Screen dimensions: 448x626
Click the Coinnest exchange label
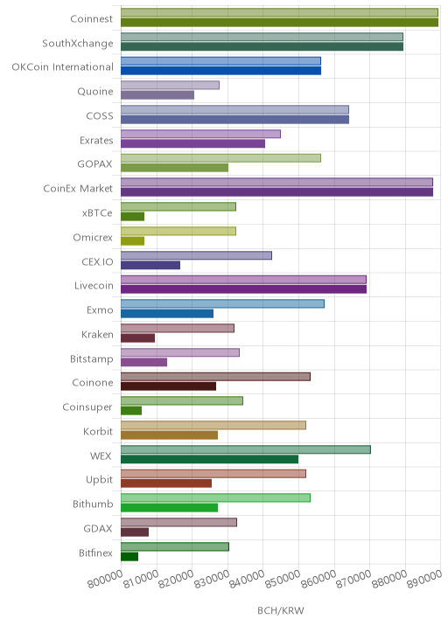coord(92,18)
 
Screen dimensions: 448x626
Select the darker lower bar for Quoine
coord(157,95)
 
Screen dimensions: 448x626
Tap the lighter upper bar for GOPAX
coord(220,158)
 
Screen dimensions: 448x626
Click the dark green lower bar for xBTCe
coord(133,216)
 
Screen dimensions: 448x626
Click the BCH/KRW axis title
coord(281,610)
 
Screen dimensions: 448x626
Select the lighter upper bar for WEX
coord(246,449)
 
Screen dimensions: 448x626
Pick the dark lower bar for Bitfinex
coord(129,557)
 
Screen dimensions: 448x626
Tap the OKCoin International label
coord(63,67)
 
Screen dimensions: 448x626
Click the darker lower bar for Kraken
coord(138,338)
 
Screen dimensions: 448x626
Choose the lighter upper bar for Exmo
coord(222,303)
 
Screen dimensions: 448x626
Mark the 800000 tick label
coord(105,580)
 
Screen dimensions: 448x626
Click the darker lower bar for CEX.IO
coord(150,265)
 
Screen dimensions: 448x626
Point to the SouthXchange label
coord(78,43)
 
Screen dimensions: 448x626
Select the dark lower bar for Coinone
coord(169,386)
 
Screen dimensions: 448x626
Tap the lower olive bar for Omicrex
coord(133,240)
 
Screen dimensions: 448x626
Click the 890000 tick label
coord(425,580)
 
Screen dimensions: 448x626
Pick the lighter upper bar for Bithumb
coord(216,497)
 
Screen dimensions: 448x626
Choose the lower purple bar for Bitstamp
coord(143,362)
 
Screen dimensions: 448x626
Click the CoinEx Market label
coord(78,189)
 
